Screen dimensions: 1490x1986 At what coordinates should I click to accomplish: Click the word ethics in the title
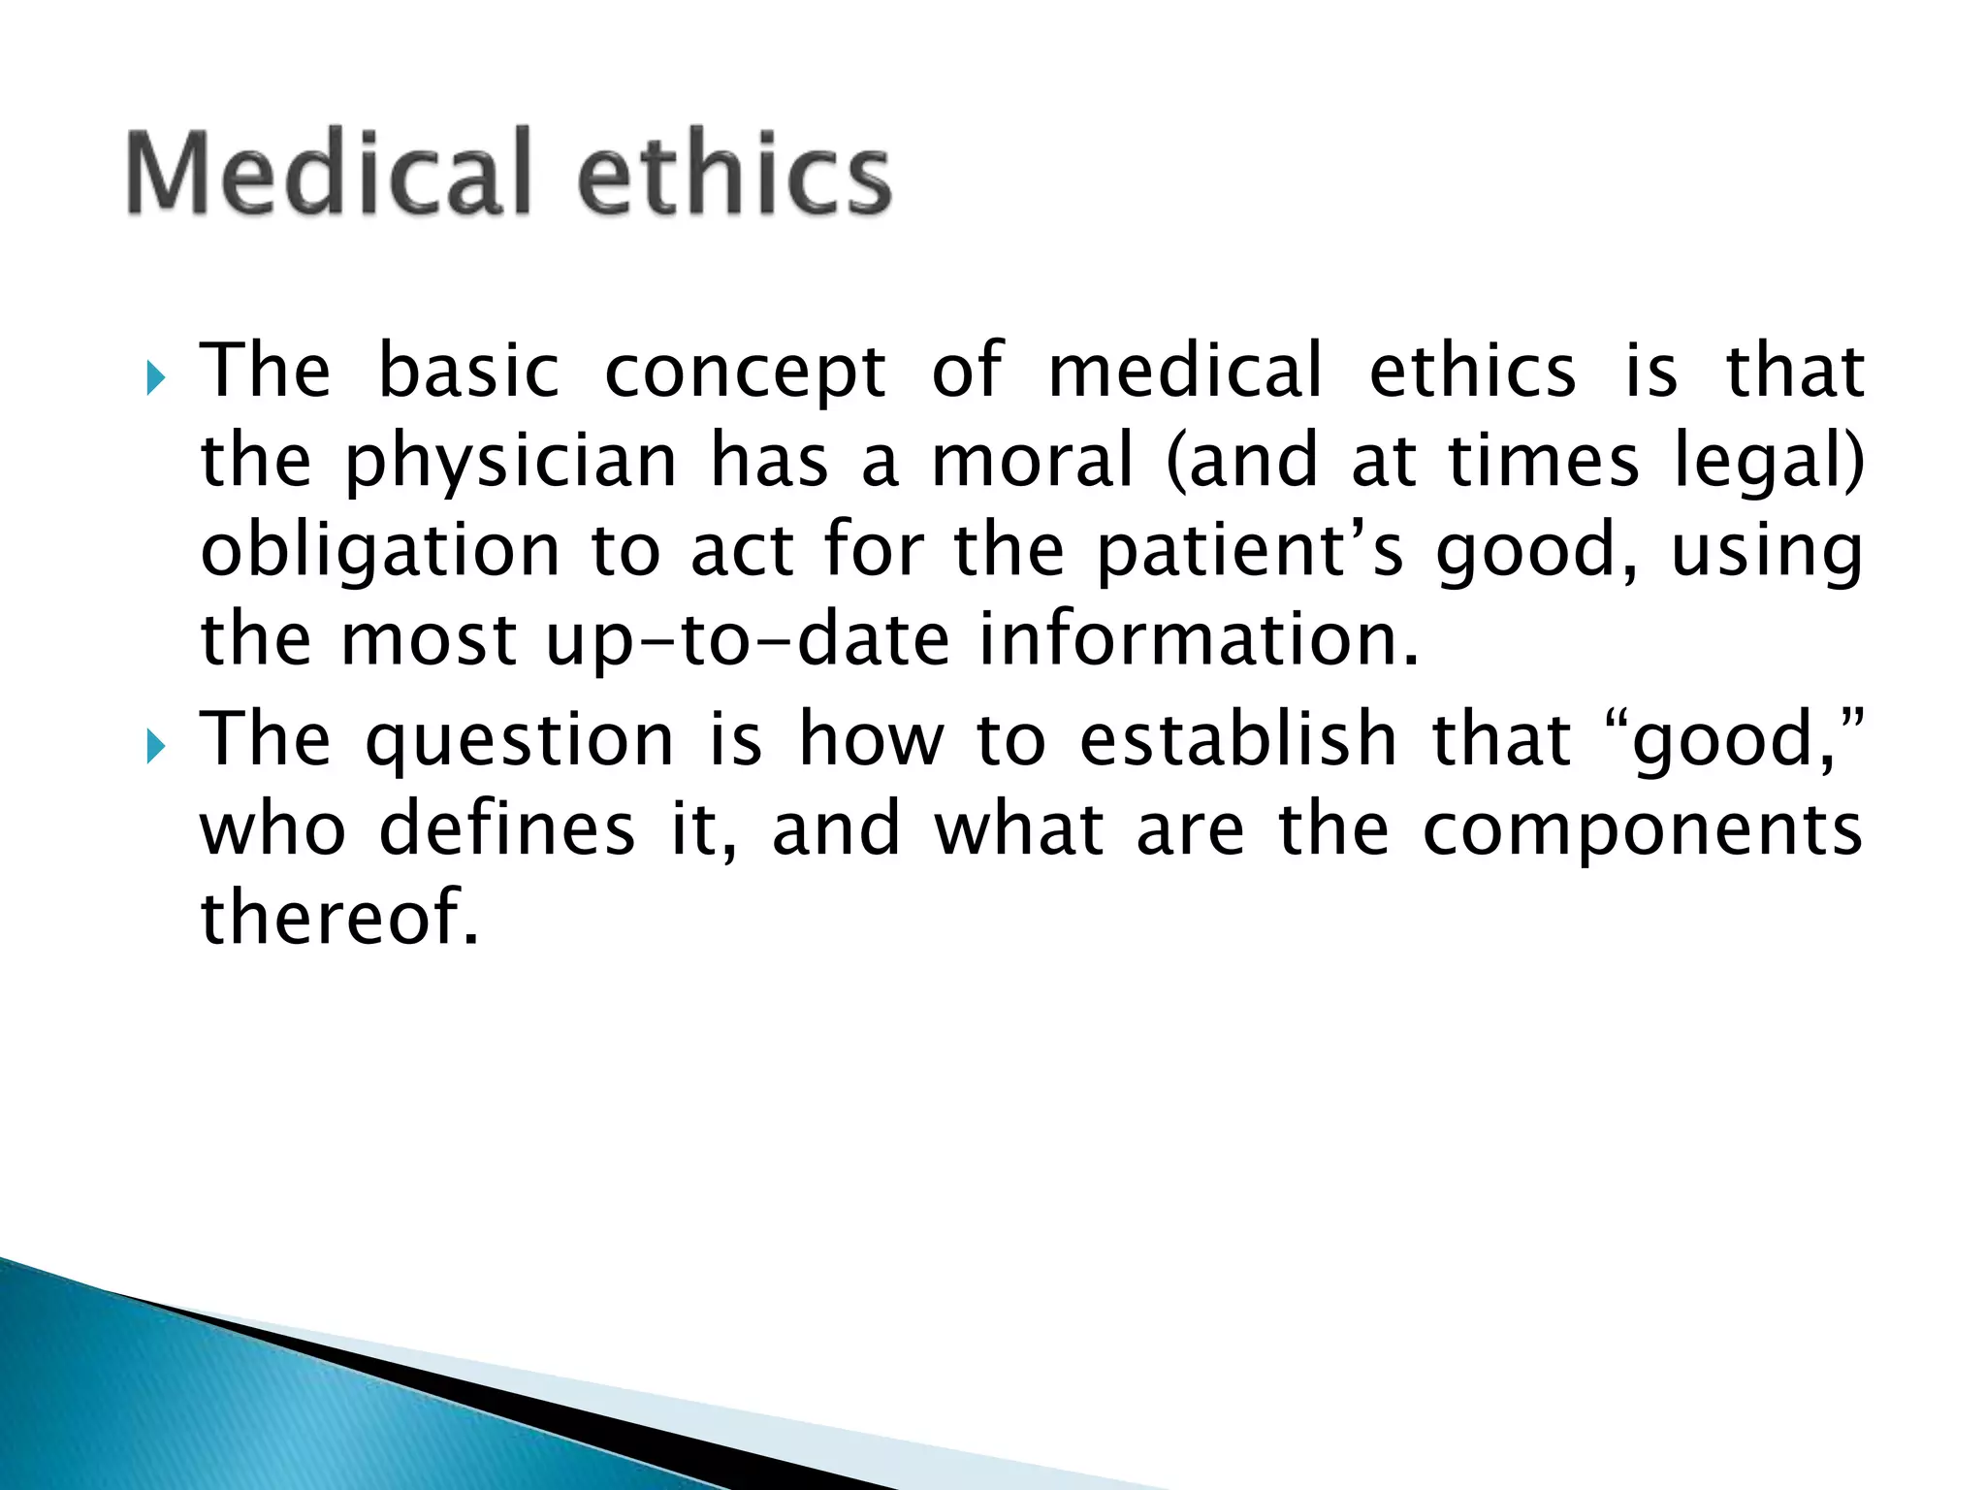(x=734, y=175)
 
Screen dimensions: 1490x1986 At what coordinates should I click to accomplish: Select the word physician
(x=510, y=464)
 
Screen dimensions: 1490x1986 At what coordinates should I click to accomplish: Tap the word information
(x=1199, y=640)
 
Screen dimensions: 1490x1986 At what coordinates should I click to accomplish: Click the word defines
(x=506, y=828)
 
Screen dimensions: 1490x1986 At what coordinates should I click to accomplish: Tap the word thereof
(x=339, y=918)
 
